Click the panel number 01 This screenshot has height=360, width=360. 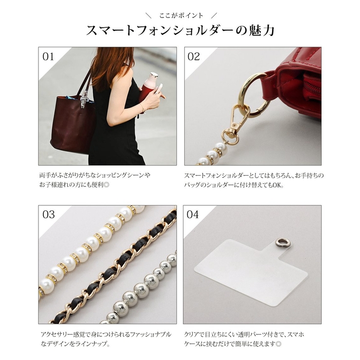point(48,57)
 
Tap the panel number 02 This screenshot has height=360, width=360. point(194,57)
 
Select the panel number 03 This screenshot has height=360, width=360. point(49,215)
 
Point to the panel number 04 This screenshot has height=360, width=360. point(193,215)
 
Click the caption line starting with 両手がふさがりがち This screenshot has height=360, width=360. point(95,175)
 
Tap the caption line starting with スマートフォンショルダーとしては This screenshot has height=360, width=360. point(253,175)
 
